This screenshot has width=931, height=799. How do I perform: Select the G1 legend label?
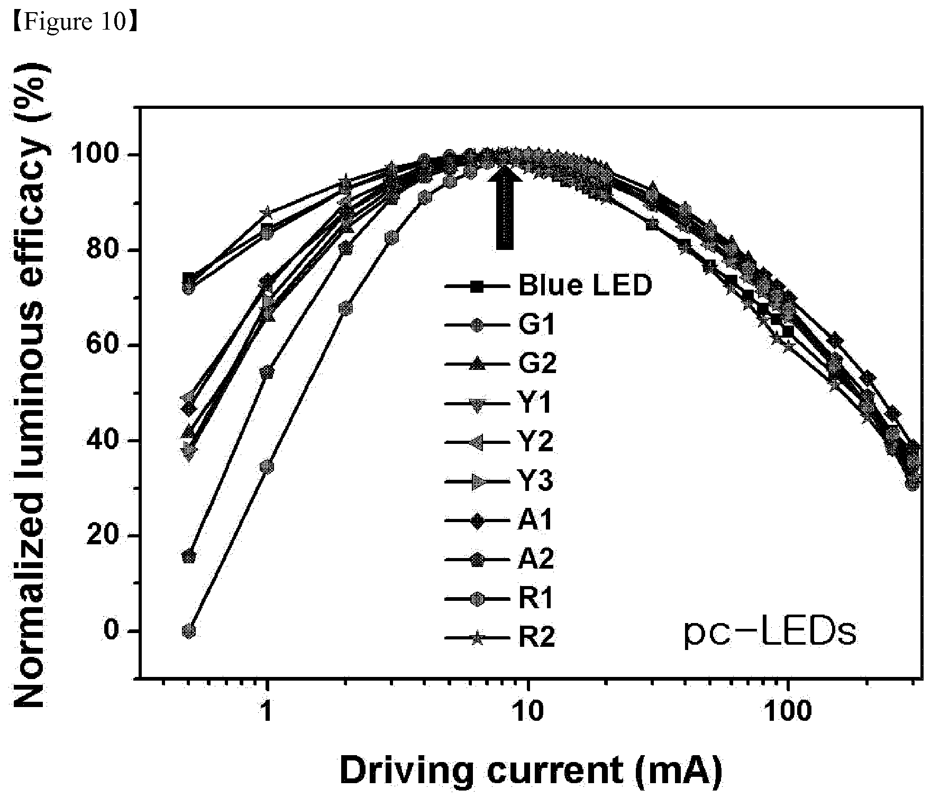537,326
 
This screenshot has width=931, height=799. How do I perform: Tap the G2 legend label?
537,364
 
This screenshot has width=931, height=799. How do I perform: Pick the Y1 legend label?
535,403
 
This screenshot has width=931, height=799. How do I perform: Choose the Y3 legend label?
536,481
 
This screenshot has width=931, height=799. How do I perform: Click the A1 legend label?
535,521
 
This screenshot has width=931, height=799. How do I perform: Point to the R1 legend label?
536,599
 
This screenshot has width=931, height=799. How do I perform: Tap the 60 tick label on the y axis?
109,345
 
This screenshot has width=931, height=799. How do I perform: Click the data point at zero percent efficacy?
189,631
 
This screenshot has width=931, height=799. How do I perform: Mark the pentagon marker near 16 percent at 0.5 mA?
189,556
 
